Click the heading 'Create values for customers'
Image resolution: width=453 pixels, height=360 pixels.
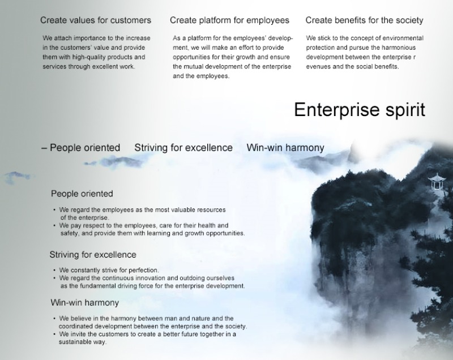(x=96, y=20)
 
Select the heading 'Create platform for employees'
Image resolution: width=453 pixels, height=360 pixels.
(x=229, y=20)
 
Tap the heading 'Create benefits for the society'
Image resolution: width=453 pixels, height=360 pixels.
(x=364, y=20)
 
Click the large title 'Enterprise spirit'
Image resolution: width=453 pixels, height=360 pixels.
(x=360, y=110)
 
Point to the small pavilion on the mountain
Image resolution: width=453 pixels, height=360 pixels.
(x=436, y=182)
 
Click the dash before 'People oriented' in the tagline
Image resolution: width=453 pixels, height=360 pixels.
(x=44, y=148)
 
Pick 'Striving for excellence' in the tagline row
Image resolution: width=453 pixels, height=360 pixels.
(x=183, y=148)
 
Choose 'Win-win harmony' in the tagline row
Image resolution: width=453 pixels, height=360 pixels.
(x=285, y=148)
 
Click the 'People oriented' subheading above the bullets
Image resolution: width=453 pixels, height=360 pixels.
(x=82, y=194)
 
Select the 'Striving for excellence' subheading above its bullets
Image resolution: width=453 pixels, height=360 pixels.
(x=93, y=255)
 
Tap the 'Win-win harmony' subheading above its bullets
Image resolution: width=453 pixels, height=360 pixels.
(x=84, y=303)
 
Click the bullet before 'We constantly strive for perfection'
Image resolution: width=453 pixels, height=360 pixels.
(x=54, y=270)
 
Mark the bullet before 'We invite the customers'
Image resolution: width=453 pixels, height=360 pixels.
(x=54, y=335)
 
